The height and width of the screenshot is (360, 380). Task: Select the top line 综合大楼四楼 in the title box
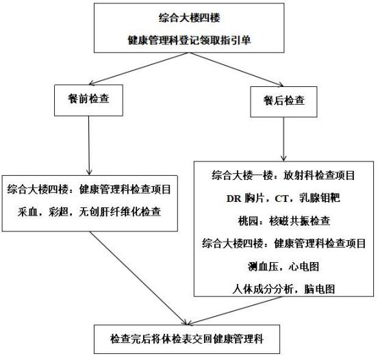[x=188, y=16]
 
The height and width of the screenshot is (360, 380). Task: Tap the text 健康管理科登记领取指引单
[x=188, y=38]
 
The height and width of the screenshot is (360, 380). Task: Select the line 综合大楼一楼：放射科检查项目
[x=283, y=175]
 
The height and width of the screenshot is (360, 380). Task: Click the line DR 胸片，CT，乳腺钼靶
[x=283, y=198]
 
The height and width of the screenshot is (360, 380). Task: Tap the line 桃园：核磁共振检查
[x=283, y=220]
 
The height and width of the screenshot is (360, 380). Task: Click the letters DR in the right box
[x=234, y=198]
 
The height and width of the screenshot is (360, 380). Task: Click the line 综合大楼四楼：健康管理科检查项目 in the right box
[x=283, y=243]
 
